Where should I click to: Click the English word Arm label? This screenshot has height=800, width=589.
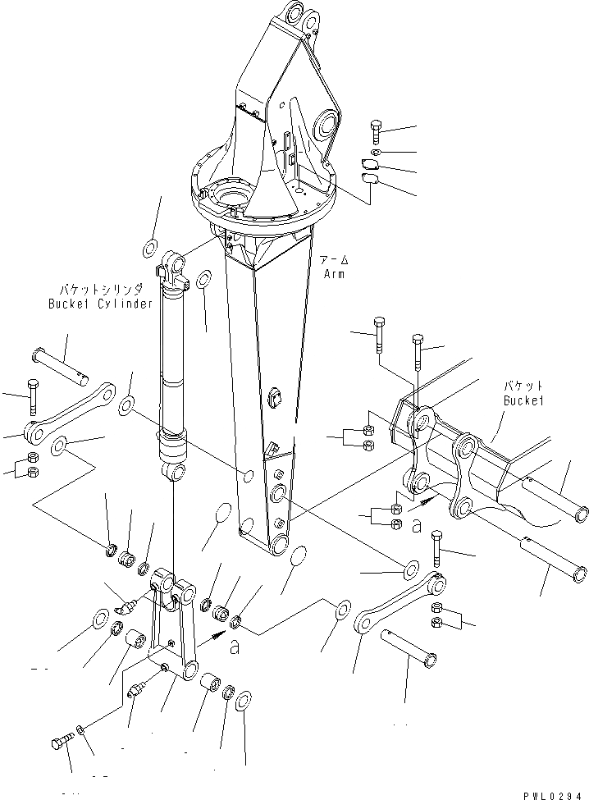pos(334,274)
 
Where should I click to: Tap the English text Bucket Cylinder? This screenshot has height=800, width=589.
pos(99,304)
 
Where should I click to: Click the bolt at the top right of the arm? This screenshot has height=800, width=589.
pos(375,130)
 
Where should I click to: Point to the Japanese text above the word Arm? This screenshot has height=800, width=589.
pos(334,259)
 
